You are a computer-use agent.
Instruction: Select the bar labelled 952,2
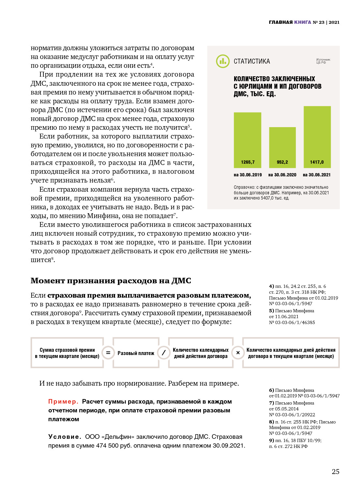(282, 147)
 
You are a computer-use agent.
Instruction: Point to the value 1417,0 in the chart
(317, 162)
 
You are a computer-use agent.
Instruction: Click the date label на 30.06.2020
(282, 175)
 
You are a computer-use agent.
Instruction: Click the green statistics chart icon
(223, 61)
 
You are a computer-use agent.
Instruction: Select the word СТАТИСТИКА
(252, 61)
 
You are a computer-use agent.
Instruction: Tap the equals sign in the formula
(108, 353)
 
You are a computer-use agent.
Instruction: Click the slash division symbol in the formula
(164, 353)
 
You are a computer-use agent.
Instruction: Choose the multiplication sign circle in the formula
(238, 353)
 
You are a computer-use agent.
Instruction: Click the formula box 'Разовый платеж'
(136, 353)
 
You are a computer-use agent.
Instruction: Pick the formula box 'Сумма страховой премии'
(67, 353)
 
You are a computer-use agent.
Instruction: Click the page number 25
(336, 471)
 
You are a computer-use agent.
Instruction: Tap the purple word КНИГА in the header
(303, 22)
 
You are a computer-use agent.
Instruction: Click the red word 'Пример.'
(63, 402)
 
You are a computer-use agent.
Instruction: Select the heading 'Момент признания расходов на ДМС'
(111, 281)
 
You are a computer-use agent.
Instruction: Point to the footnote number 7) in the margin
(271, 403)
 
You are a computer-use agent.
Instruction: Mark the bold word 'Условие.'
(65, 437)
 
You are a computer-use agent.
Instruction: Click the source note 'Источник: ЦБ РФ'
(323, 61)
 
